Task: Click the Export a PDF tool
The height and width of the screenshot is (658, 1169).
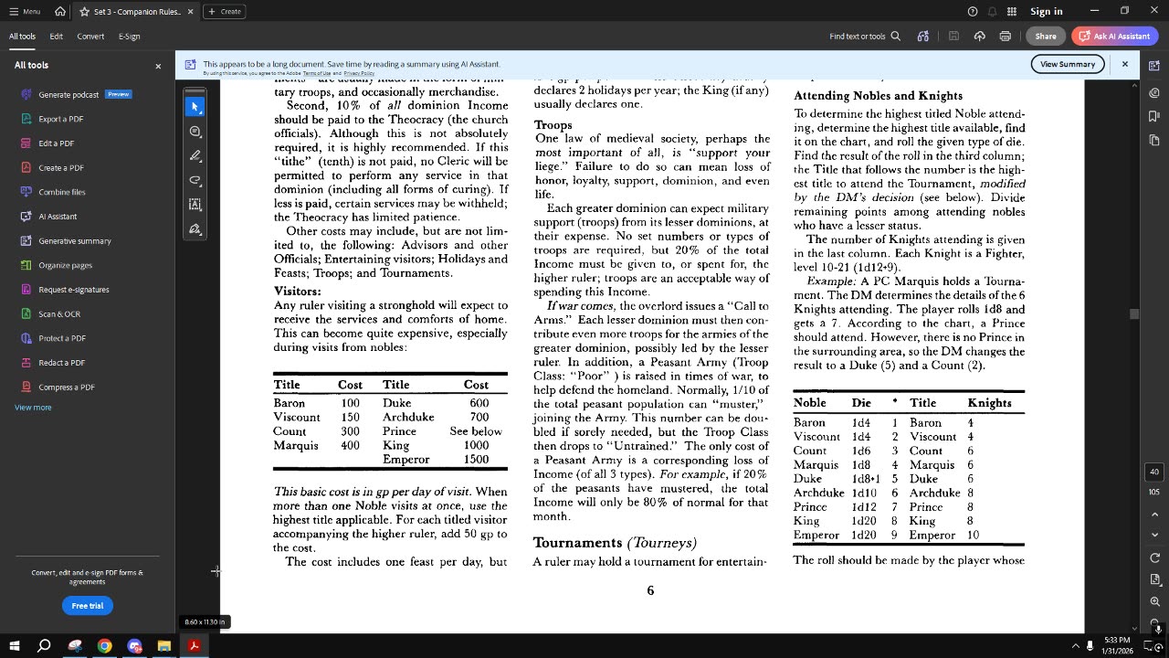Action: (60, 119)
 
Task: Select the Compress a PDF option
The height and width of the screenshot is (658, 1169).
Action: (68, 387)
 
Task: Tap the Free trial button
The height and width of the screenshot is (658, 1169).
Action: (88, 605)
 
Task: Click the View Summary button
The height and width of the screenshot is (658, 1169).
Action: (1067, 64)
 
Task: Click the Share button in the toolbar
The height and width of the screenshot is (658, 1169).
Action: (1046, 37)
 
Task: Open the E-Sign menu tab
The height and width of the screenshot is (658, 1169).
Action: (129, 37)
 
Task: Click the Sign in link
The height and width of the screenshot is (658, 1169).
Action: (1046, 11)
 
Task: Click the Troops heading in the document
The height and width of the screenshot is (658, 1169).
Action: (553, 124)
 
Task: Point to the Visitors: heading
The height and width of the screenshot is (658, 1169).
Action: (297, 291)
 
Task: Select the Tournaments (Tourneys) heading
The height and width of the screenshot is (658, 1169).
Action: (615, 542)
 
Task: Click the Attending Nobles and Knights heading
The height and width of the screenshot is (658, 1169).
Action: (878, 95)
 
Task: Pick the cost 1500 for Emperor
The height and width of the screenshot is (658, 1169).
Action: (476, 460)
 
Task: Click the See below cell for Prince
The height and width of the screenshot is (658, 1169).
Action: (476, 431)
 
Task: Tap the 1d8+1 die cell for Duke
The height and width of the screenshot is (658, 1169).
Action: (865, 479)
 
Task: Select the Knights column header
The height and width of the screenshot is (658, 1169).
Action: (989, 402)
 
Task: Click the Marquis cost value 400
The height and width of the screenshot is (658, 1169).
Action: (350, 445)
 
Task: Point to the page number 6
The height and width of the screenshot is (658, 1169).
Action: (650, 590)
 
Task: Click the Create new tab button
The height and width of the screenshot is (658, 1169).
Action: (224, 11)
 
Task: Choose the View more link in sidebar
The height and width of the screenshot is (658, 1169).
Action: (33, 408)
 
